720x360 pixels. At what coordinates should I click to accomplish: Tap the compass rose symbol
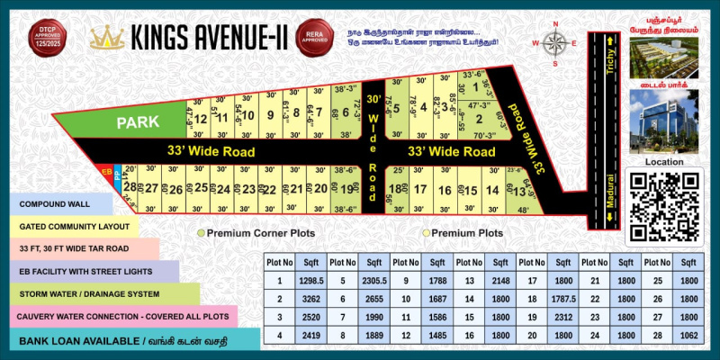click(x=556, y=42)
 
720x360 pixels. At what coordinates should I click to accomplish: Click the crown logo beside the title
click(x=108, y=37)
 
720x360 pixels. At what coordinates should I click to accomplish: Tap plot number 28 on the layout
click(x=130, y=187)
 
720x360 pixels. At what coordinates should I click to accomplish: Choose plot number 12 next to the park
click(x=201, y=118)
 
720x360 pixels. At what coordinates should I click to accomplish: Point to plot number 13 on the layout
click(x=518, y=190)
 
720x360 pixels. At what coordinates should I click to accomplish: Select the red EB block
click(x=107, y=171)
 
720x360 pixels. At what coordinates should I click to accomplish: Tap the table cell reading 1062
click(x=688, y=336)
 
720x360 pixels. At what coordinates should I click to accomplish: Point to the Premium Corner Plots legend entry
click(x=256, y=233)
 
